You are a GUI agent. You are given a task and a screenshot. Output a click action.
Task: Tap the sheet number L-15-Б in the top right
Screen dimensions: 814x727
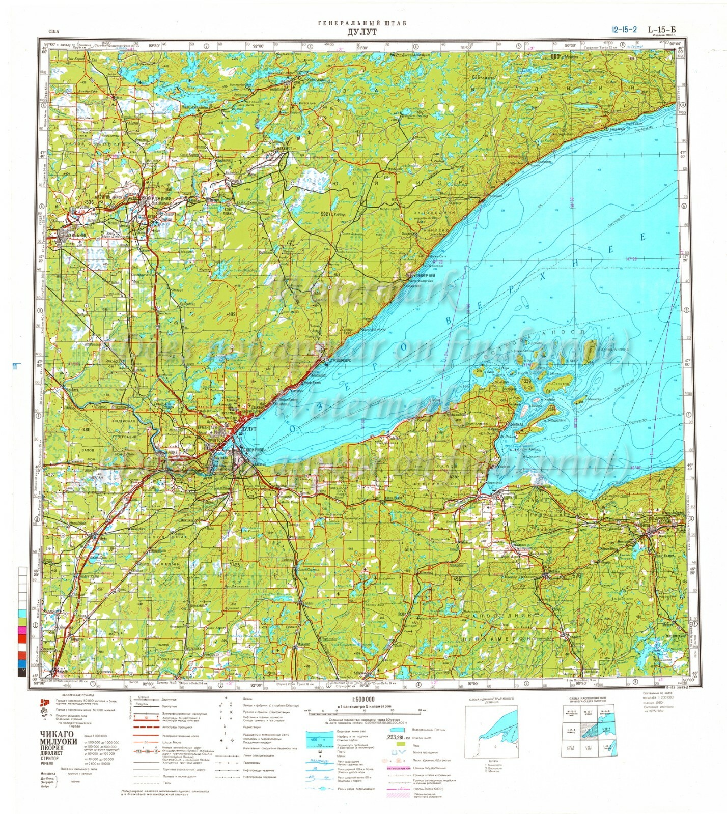662,30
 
